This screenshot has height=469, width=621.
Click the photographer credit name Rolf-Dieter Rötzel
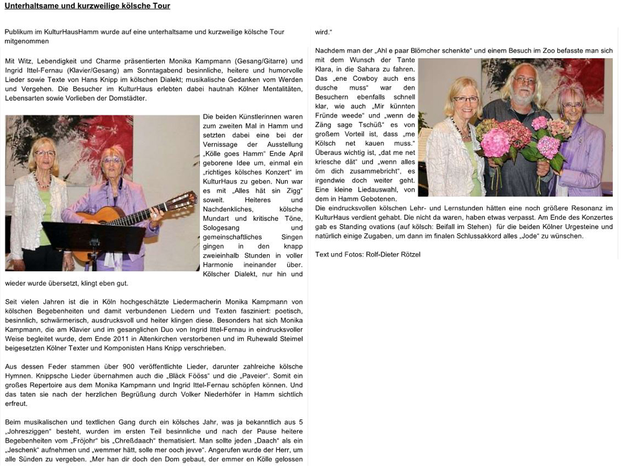[x=393, y=255]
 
